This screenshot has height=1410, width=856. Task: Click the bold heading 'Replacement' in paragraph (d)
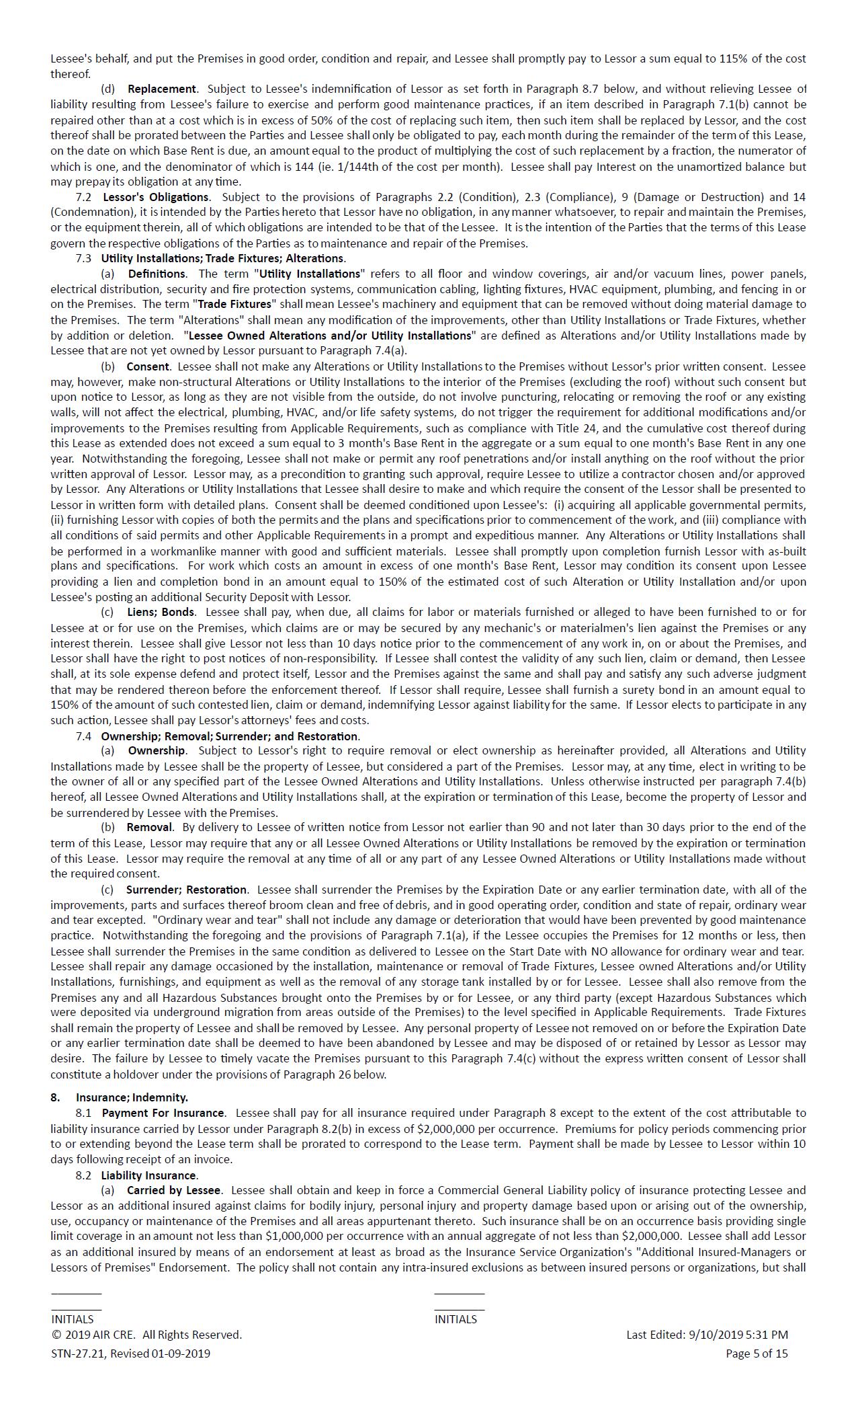(161, 89)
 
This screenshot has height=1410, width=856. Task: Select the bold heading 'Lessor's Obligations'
(155, 197)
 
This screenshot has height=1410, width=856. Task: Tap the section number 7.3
(83, 258)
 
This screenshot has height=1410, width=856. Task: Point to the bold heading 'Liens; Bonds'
(161, 613)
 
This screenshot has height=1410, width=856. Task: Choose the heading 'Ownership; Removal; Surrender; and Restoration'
(230, 736)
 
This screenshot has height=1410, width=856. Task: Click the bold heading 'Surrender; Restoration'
(186, 890)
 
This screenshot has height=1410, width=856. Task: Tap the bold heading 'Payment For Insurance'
(163, 1113)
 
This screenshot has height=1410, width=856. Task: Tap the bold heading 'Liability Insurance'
(149, 1175)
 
